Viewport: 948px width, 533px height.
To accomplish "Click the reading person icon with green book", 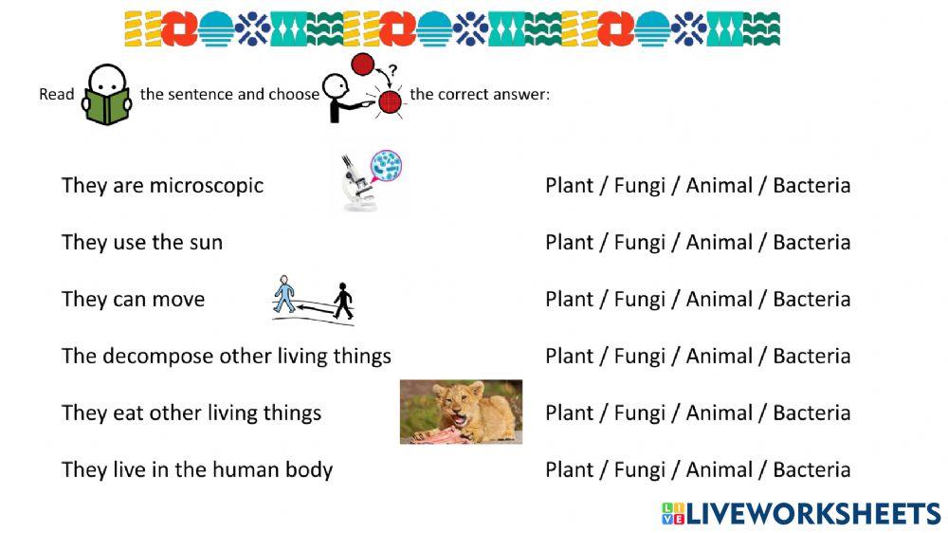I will point(106,95).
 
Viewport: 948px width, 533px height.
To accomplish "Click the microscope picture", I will point(372,180).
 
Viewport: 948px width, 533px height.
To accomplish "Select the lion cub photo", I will point(461,412).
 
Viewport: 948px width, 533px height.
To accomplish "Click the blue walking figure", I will point(283,296).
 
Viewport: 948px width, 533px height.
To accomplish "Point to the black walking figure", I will point(343,301).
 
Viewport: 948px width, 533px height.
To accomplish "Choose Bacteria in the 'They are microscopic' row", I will point(811,185).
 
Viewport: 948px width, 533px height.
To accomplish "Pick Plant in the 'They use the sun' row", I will point(569,242).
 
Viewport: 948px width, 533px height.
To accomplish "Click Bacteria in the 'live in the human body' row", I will point(811,469).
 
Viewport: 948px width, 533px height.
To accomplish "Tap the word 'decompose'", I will point(157,356).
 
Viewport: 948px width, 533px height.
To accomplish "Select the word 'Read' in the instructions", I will point(56,95).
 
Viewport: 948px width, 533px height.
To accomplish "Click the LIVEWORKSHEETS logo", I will point(800,513).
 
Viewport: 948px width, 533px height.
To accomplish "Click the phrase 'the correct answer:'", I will point(480,95).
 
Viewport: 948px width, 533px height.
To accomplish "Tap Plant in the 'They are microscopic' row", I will point(569,185).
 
